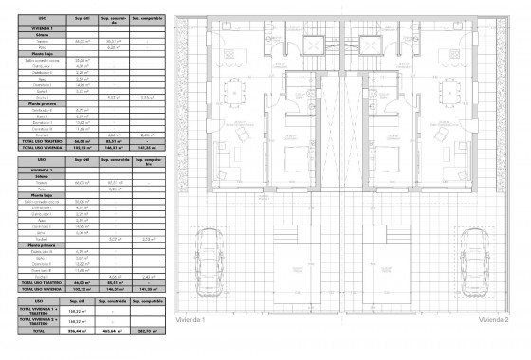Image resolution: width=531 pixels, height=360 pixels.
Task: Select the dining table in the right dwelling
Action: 449,91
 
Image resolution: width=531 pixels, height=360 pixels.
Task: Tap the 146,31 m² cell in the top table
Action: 116,148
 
